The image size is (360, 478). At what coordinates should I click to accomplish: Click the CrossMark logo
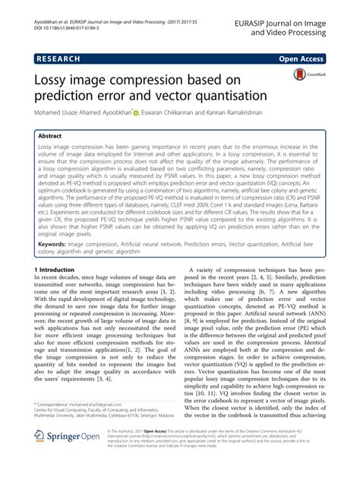[305, 77]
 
